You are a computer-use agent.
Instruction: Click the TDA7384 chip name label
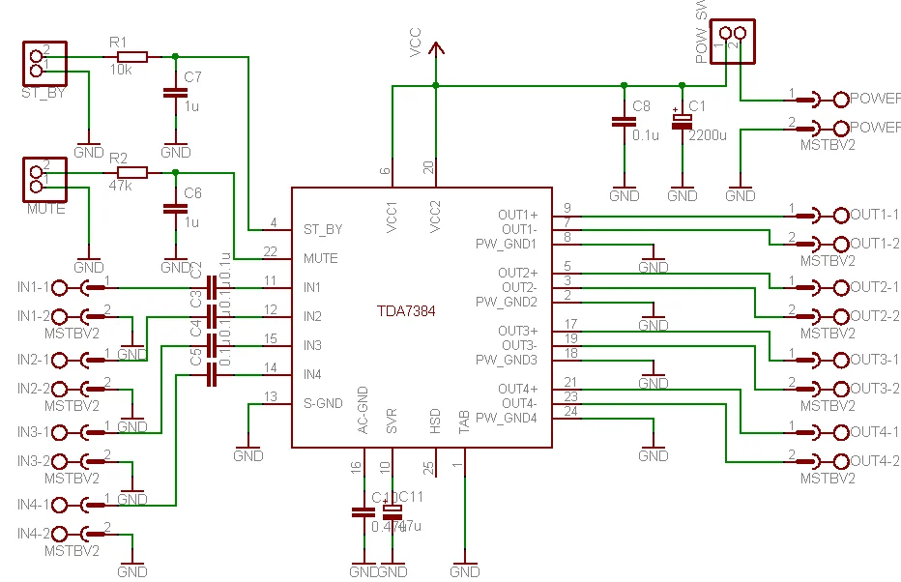click(406, 311)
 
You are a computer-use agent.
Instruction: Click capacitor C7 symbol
click(175, 94)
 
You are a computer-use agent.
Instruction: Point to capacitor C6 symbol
click(175, 208)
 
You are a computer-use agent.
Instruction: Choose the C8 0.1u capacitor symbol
click(624, 122)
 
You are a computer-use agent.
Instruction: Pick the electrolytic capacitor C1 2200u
click(683, 122)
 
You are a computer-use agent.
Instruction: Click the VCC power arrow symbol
click(436, 50)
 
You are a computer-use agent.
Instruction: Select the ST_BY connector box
click(39, 63)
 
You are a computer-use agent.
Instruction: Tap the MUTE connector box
click(39, 177)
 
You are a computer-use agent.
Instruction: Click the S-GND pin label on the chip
click(323, 403)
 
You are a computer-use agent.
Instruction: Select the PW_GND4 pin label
click(506, 418)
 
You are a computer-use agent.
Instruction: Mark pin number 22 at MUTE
click(272, 251)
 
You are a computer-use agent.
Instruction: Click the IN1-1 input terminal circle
click(61, 287)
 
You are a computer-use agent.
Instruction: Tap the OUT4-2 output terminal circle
click(839, 460)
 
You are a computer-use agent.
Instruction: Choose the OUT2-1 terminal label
click(874, 287)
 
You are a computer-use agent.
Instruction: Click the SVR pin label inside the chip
click(392, 423)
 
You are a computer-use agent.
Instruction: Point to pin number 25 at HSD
click(429, 468)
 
